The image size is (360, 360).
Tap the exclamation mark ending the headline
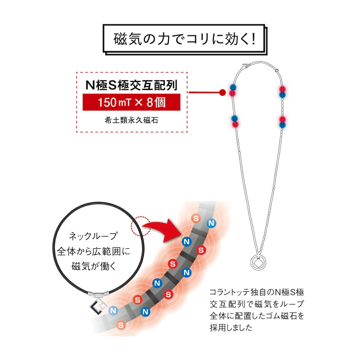click(x=253, y=39)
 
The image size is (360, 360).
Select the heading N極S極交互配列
click(x=131, y=85)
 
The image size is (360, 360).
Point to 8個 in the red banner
click(x=156, y=102)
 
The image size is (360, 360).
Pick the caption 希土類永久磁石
click(x=131, y=120)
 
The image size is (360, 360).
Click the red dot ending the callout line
click(x=222, y=93)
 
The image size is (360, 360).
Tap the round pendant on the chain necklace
click(x=258, y=262)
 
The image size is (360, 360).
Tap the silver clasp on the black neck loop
click(x=99, y=294)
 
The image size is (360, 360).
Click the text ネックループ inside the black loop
click(x=93, y=236)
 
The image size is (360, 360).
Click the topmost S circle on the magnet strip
click(x=196, y=218)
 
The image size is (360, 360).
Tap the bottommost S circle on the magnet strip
click(x=121, y=325)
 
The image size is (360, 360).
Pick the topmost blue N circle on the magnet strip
click(x=211, y=223)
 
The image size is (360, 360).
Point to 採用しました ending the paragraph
click(x=231, y=328)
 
